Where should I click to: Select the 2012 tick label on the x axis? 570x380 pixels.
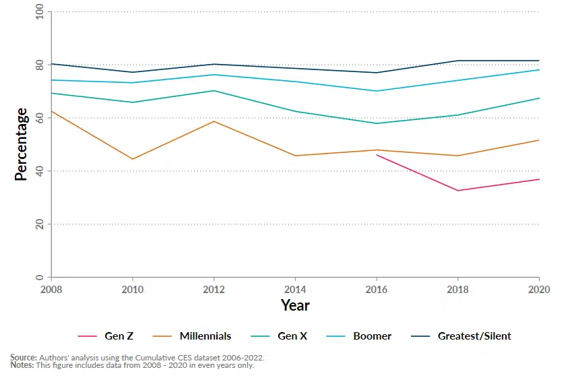coord(214,289)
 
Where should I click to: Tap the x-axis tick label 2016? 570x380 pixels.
coord(376,289)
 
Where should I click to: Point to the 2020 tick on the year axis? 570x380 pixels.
coord(538,289)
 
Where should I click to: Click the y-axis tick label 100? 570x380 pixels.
coord(39,12)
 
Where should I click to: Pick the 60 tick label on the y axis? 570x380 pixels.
coord(39,118)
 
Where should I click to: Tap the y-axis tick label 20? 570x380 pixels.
coord(39,224)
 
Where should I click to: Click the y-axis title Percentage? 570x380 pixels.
coord(22,144)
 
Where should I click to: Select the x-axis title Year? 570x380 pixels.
coord(295,306)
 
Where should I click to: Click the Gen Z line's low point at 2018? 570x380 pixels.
coord(457,191)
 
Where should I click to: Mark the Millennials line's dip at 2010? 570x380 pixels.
coord(133,159)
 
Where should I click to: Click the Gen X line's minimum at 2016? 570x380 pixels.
coord(376,123)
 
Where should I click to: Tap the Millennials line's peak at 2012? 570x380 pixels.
coord(214,121)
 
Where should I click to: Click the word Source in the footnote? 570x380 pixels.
coord(23,358)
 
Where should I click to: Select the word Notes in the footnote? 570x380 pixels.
coord(22,365)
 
